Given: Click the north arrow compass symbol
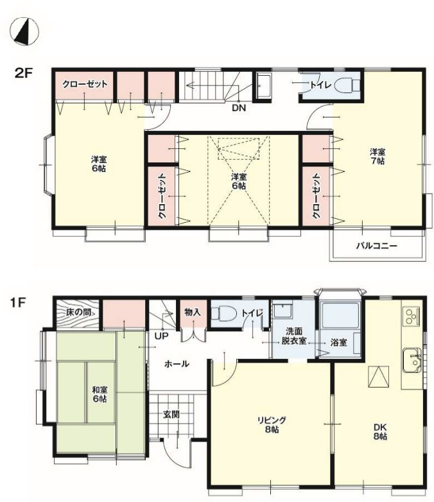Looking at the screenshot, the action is pyautogui.click(x=24, y=31).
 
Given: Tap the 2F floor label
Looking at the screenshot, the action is pyautogui.click(x=24, y=74).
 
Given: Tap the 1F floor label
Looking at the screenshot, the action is pyautogui.click(x=17, y=302).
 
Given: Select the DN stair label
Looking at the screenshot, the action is pyautogui.click(x=239, y=108).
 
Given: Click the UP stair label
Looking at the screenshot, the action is pyautogui.click(x=161, y=336).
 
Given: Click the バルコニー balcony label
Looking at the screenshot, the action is pyautogui.click(x=377, y=247).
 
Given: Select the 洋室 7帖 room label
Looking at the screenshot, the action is pyautogui.click(x=378, y=156).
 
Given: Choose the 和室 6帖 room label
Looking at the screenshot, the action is pyautogui.click(x=100, y=394).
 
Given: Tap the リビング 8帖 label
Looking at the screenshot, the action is pyautogui.click(x=272, y=424).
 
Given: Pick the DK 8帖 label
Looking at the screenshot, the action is pyautogui.click(x=380, y=431).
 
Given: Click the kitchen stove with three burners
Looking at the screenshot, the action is pyautogui.click(x=412, y=316).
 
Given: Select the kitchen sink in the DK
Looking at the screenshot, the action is pyautogui.click(x=412, y=360).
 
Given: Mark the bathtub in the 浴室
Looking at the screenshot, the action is pyautogui.click(x=340, y=315).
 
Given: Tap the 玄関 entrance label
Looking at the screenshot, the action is pyautogui.click(x=171, y=414).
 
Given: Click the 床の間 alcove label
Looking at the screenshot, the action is pyautogui.click(x=78, y=312).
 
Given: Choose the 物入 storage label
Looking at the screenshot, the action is pyautogui.click(x=193, y=312).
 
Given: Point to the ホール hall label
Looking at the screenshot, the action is pyautogui.click(x=177, y=364).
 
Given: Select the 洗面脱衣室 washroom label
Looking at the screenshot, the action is pyautogui.click(x=294, y=336).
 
